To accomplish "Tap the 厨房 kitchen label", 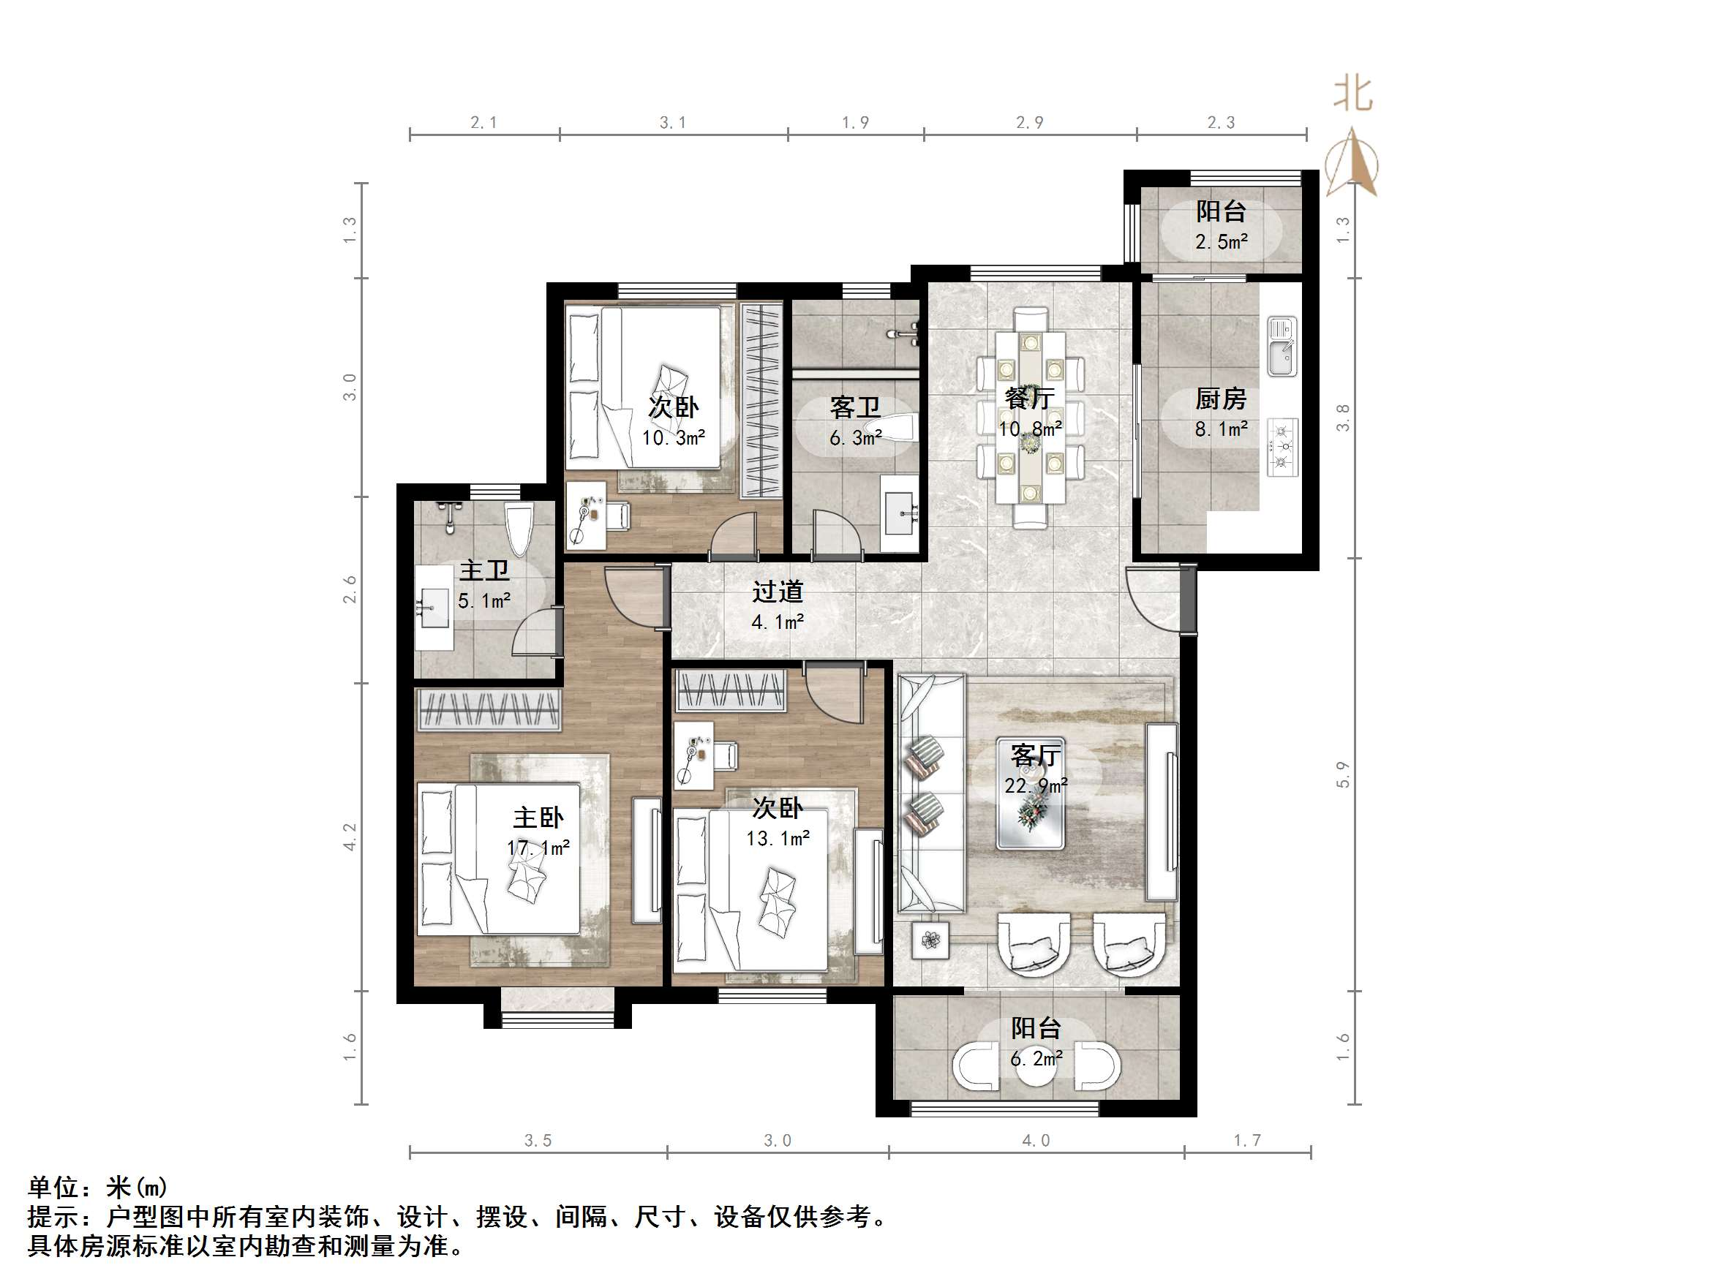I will click(x=1220, y=399).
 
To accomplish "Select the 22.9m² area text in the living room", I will click(x=1036, y=786).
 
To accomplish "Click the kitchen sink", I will click(x=1282, y=347).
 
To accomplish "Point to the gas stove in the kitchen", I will click(x=1282, y=447).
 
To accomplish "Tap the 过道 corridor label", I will click(x=778, y=592).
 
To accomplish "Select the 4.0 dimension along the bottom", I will click(x=1036, y=1140).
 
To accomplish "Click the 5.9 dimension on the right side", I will click(x=1343, y=774).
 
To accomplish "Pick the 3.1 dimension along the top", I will click(x=673, y=123).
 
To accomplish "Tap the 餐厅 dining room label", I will click(x=1029, y=399).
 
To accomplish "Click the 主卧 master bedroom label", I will click(x=538, y=818).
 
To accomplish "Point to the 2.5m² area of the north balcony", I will click(x=1221, y=242).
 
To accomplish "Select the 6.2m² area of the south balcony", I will click(x=1036, y=1058).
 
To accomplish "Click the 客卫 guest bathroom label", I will click(x=855, y=407).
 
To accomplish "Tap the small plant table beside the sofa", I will click(x=930, y=941).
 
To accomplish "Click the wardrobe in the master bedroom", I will click(x=489, y=709).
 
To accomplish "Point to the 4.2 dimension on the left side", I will click(x=350, y=837).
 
